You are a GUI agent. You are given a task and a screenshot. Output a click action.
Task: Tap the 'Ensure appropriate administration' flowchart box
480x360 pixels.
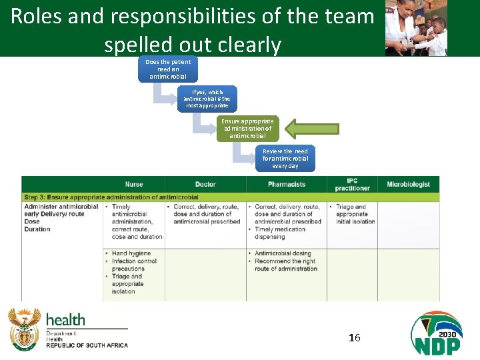point(247,129)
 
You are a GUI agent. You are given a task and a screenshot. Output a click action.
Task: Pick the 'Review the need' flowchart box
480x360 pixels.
point(285,159)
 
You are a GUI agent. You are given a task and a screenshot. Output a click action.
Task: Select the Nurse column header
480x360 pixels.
point(133,184)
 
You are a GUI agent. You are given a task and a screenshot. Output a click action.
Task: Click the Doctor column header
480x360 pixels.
point(205,184)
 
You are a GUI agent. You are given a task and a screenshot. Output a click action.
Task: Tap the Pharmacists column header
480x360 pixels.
point(287,184)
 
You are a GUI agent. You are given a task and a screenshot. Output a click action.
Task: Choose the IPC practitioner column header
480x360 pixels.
point(353,184)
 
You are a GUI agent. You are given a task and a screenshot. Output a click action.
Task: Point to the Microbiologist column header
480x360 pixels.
point(408,184)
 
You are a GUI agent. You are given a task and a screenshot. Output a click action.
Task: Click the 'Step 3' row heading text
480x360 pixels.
point(111,197)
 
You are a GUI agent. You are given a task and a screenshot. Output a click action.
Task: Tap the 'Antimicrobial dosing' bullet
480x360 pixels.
point(283,254)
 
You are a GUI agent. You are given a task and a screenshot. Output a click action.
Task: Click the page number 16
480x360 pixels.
point(355,338)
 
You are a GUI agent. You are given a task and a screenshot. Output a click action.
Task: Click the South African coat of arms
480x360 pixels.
point(25,329)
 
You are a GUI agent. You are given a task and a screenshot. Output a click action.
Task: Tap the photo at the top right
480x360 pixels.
point(416,28)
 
